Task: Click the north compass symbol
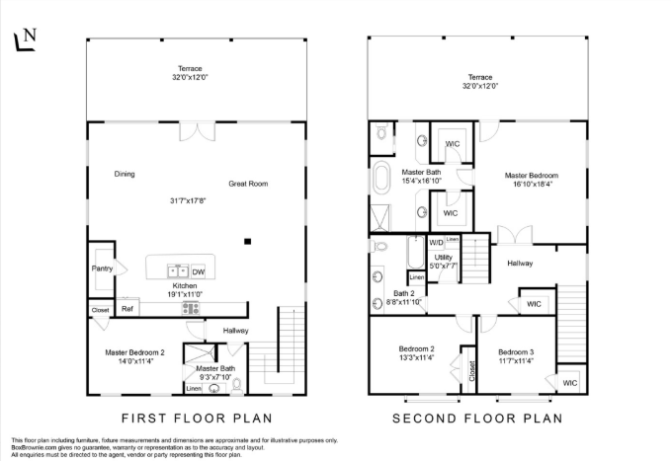[25, 38]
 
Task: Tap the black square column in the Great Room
[248, 241]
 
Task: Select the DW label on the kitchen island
[199, 271]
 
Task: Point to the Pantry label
[102, 268]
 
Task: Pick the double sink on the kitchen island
[176, 270]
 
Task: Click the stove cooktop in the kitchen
[191, 309]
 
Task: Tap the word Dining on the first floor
[124, 175]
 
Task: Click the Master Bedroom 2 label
[135, 351]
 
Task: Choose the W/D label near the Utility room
[436, 242]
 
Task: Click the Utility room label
[443, 258]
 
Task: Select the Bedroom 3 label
[516, 351]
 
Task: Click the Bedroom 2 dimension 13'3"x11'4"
[417, 360]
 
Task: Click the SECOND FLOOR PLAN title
[478, 418]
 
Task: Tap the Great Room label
[248, 184]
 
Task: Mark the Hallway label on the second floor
[522, 263]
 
